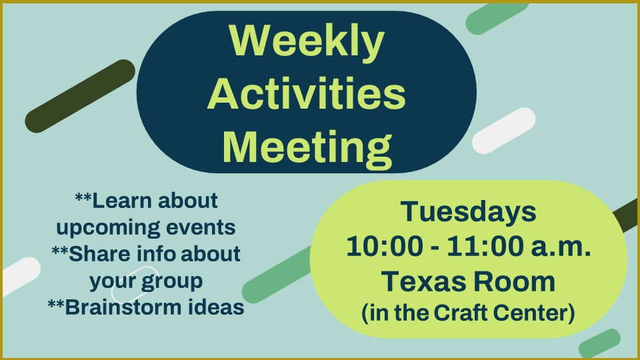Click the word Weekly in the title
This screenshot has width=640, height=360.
coord(307,41)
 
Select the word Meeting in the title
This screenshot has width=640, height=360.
coord(307,148)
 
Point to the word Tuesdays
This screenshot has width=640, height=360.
coord(468,211)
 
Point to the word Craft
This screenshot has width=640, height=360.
coord(459,313)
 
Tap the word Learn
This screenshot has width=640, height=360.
coord(121,201)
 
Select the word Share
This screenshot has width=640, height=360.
coord(99,254)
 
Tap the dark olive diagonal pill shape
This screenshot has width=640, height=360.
coord(80,96)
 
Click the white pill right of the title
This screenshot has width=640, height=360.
coord(504,131)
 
